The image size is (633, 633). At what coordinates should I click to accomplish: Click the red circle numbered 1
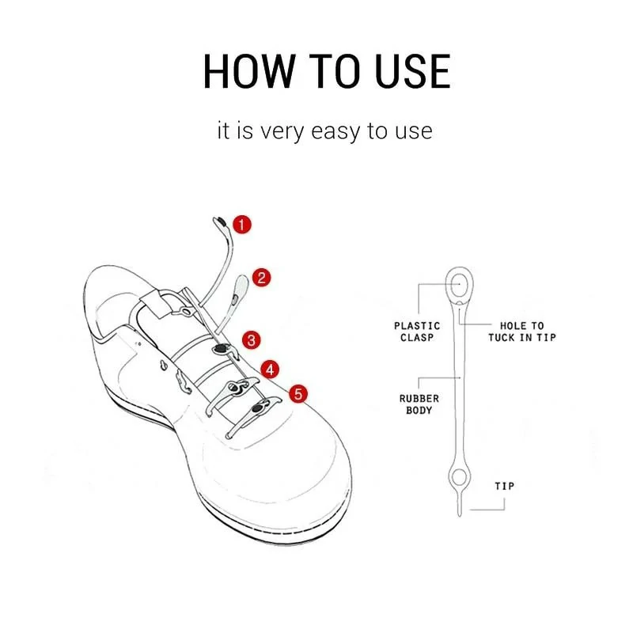tap(243, 224)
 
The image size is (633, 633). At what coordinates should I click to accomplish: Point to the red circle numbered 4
tap(271, 369)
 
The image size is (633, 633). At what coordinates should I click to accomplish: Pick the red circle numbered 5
tap(298, 393)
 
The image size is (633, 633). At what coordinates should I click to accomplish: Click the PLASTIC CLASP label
tap(416, 331)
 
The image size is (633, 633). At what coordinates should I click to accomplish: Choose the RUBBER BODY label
tap(416, 404)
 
